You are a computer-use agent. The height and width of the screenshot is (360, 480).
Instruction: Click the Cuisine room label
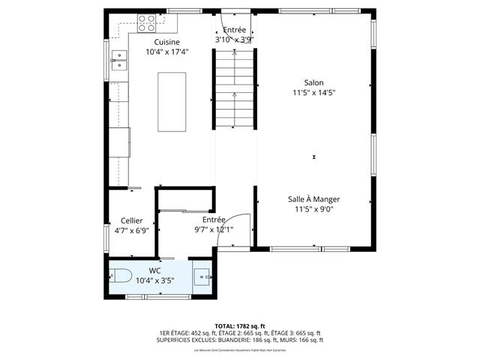(166, 43)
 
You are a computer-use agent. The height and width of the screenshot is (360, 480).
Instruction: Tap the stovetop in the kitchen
(145, 20)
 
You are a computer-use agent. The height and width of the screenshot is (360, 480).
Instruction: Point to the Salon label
(313, 82)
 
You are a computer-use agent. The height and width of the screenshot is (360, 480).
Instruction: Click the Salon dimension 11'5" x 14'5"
(313, 93)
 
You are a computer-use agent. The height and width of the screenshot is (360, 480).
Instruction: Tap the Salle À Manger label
(314, 199)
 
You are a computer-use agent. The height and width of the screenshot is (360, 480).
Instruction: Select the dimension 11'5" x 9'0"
(314, 210)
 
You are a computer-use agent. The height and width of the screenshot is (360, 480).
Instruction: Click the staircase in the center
(235, 90)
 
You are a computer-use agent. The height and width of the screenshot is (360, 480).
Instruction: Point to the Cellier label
(131, 220)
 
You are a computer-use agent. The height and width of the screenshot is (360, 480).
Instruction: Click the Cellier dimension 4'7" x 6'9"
(131, 231)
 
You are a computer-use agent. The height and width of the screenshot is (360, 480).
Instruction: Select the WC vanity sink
(202, 277)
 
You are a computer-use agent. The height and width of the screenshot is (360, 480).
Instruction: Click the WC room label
(155, 270)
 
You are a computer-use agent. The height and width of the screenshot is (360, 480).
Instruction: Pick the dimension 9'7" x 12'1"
(214, 229)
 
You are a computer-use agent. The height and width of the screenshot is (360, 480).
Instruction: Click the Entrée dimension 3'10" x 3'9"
(234, 39)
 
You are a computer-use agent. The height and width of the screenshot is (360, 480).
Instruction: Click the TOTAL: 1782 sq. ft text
(240, 326)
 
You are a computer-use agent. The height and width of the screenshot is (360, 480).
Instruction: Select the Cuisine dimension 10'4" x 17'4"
(166, 52)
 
